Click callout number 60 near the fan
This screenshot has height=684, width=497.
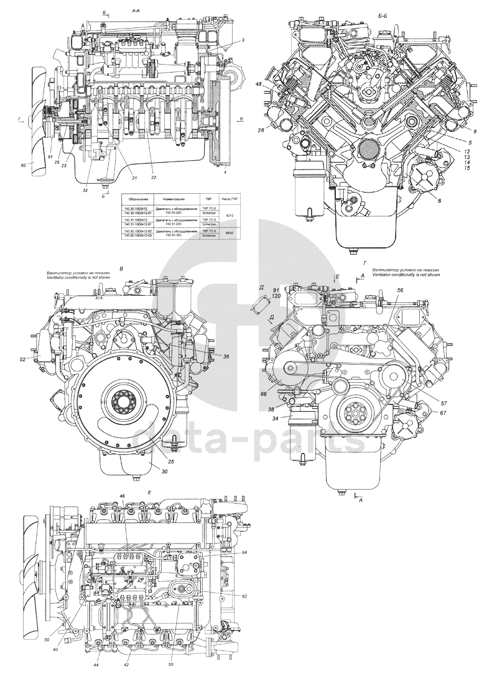click(23, 165)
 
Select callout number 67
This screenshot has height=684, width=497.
click(442, 413)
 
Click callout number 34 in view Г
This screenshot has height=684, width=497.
click(274, 417)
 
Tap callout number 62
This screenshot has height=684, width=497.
click(244, 596)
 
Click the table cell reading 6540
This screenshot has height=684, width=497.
click(230, 233)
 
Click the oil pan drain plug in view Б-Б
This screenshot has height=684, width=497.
click(353, 252)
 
